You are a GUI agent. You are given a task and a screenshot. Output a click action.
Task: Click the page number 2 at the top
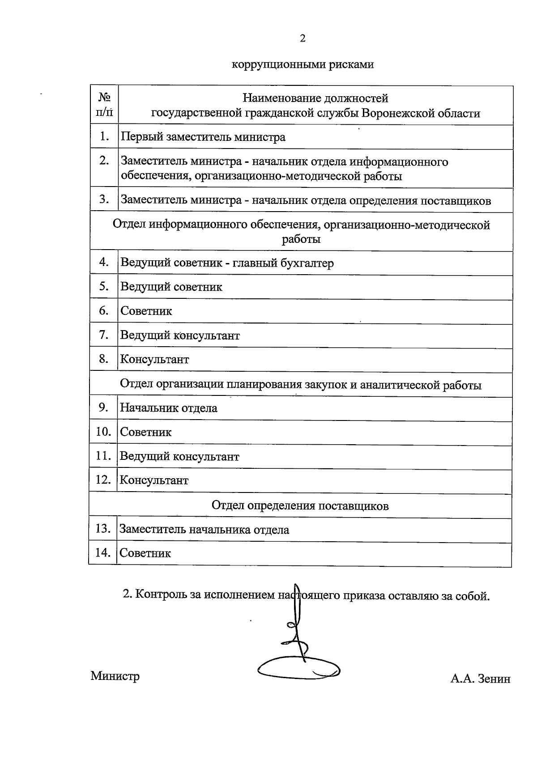[x=303, y=39]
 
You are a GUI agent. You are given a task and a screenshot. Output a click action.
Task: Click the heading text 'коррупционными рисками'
[x=303, y=65]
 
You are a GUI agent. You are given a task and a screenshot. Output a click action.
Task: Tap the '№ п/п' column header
[x=104, y=105]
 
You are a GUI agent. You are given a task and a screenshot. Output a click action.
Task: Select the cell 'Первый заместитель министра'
[x=203, y=137]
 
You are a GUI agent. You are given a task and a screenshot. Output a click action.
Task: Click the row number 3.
[x=104, y=199]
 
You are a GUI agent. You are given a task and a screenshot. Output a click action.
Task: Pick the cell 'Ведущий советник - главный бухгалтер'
[x=227, y=263]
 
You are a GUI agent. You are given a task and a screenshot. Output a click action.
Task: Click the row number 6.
[x=104, y=310]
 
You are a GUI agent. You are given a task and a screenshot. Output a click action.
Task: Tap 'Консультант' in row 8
[x=154, y=359]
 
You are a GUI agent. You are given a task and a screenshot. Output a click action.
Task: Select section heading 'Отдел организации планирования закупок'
[x=301, y=385]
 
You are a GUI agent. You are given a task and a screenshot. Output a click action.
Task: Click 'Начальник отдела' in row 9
[x=169, y=408]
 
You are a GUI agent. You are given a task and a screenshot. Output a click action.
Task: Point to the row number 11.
[x=103, y=456]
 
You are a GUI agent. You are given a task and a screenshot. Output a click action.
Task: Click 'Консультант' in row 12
[x=154, y=480]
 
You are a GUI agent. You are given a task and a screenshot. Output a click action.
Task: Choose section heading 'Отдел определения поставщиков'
[x=300, y=506]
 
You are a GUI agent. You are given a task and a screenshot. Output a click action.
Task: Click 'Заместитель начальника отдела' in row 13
[x=204, y=530]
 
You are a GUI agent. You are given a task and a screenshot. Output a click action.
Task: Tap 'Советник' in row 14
[x=145, y=553]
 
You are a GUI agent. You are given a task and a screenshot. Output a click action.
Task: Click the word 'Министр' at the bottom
[x=115, y=676]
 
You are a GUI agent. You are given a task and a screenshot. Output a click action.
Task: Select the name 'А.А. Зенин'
[x=480, y=679]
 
